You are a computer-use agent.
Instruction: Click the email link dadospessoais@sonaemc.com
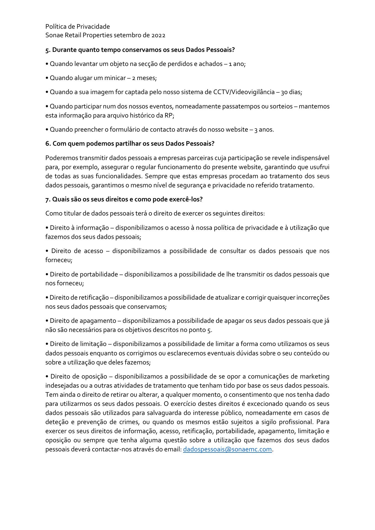tap(227, 449)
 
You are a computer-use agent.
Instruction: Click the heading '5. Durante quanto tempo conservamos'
tap(140, 50)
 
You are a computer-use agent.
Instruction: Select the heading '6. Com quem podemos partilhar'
tap(130, 144)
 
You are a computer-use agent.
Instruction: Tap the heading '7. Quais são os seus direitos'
tap(124, 199)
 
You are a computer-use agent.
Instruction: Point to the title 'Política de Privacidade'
tap(78, 26)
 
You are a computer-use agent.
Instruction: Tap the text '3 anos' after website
tap(264, 130)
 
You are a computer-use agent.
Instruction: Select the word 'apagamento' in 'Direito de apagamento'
tap(98, 321)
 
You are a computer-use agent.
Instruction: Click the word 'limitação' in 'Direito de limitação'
tap(93, 344)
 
